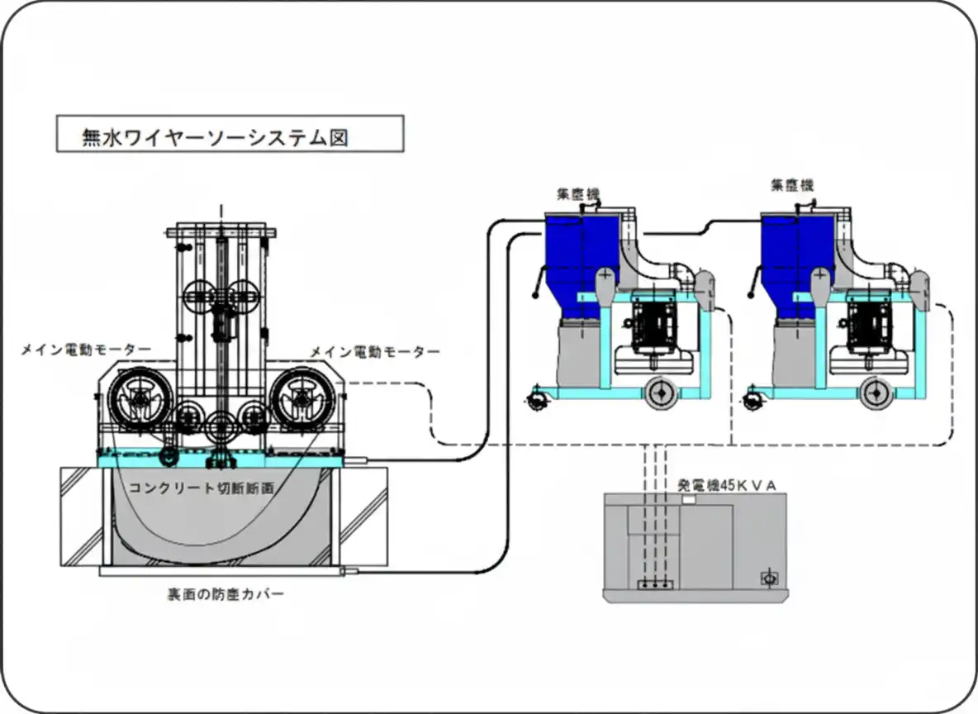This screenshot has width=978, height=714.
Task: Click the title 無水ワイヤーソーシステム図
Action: pos(215,136)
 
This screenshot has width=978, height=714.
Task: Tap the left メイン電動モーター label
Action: pos(85,350)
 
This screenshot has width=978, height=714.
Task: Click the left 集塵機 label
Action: pos(577,194)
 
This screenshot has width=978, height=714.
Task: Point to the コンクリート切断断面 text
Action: pos(202,488)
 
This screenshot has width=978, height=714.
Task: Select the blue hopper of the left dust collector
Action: pos(578,256)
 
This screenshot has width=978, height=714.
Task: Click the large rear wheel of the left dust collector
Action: pos(662,395)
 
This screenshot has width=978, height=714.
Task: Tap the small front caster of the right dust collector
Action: pos(752,402)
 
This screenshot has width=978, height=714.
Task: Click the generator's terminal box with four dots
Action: pos(656,584)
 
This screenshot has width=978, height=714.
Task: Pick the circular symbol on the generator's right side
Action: pos(769,578)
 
